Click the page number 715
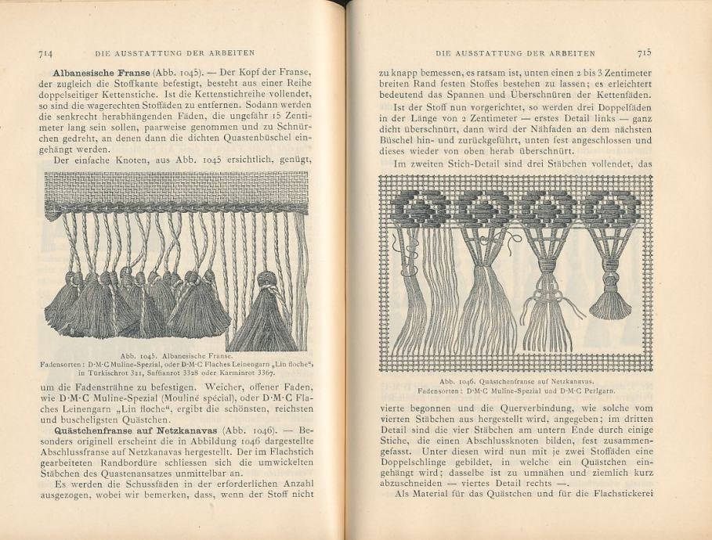(645, 52)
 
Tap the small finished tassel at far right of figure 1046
(609, 301)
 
